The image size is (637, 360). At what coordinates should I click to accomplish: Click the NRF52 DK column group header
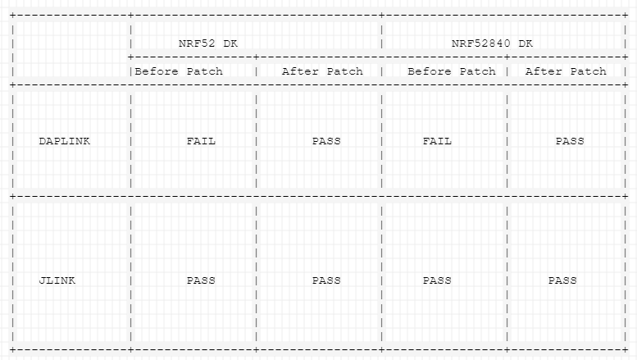pos(208,43)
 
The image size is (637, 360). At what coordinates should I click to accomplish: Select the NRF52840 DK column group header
pos(492,43)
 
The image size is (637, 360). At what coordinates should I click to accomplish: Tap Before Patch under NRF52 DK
pos(179,71)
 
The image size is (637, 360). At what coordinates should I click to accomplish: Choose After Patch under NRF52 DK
pos(322,71)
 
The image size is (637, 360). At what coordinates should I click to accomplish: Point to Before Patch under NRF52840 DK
pos(452,71)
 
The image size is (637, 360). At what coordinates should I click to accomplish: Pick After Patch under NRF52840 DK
pos(566,71)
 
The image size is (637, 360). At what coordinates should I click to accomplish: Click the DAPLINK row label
pos(64,141)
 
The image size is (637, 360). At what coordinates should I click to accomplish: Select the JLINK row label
pos(57,280)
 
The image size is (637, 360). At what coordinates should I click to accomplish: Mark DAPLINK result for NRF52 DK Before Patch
pos(201,141)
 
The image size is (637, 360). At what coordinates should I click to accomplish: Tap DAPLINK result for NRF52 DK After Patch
pos(326,141)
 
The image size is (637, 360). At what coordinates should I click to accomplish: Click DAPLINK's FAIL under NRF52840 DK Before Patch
pos(437,141)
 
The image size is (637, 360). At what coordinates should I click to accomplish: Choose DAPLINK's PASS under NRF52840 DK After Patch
pos(570,141)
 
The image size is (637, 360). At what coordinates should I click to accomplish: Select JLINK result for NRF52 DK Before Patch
pos(201,280)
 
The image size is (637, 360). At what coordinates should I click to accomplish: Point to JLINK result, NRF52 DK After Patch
pos(326,280)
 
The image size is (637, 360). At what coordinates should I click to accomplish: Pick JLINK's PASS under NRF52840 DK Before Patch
pos(437,280)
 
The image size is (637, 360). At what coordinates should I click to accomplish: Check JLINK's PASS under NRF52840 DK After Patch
pos(562,280)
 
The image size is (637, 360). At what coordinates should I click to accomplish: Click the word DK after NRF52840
pos(526,43)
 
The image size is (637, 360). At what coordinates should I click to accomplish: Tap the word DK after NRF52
pos(230,43)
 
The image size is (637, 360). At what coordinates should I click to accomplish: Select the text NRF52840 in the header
pos(481,43)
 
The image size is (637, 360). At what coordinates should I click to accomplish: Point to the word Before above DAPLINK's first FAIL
pos(157,71)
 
